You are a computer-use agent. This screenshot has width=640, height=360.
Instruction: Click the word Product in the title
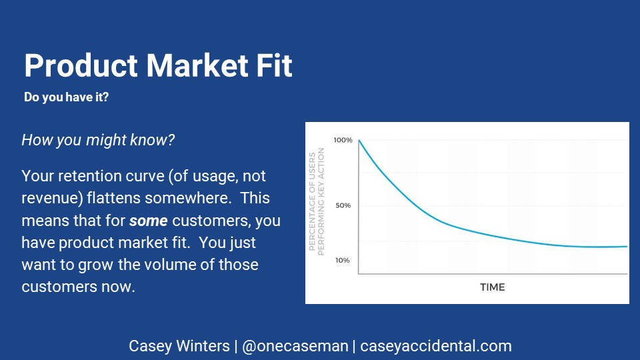pos(81,65)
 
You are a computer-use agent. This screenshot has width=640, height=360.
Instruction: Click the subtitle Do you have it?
pos(66,97)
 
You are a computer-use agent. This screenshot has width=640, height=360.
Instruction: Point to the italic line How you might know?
pos(98,140)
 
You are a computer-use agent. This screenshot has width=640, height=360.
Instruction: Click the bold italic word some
pos(149,221)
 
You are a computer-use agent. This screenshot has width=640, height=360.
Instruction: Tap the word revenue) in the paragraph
pos(52,199)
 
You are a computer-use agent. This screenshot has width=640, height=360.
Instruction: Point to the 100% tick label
pos(343,140)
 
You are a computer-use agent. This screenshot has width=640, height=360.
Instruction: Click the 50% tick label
pos(343,205)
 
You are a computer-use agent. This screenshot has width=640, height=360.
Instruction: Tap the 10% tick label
pos(343,260)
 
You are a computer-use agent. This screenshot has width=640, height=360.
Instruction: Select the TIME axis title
pos(492,287)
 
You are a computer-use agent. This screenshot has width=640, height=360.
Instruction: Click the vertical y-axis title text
pos(317,201)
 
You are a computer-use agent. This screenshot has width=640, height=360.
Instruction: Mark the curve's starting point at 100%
pos(359,141)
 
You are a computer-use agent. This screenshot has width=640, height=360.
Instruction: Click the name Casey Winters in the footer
pos(179,346)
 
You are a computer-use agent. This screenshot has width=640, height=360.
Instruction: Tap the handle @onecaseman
pos(295,346)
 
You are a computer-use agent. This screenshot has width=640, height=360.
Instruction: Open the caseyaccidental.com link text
pos(436,346)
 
